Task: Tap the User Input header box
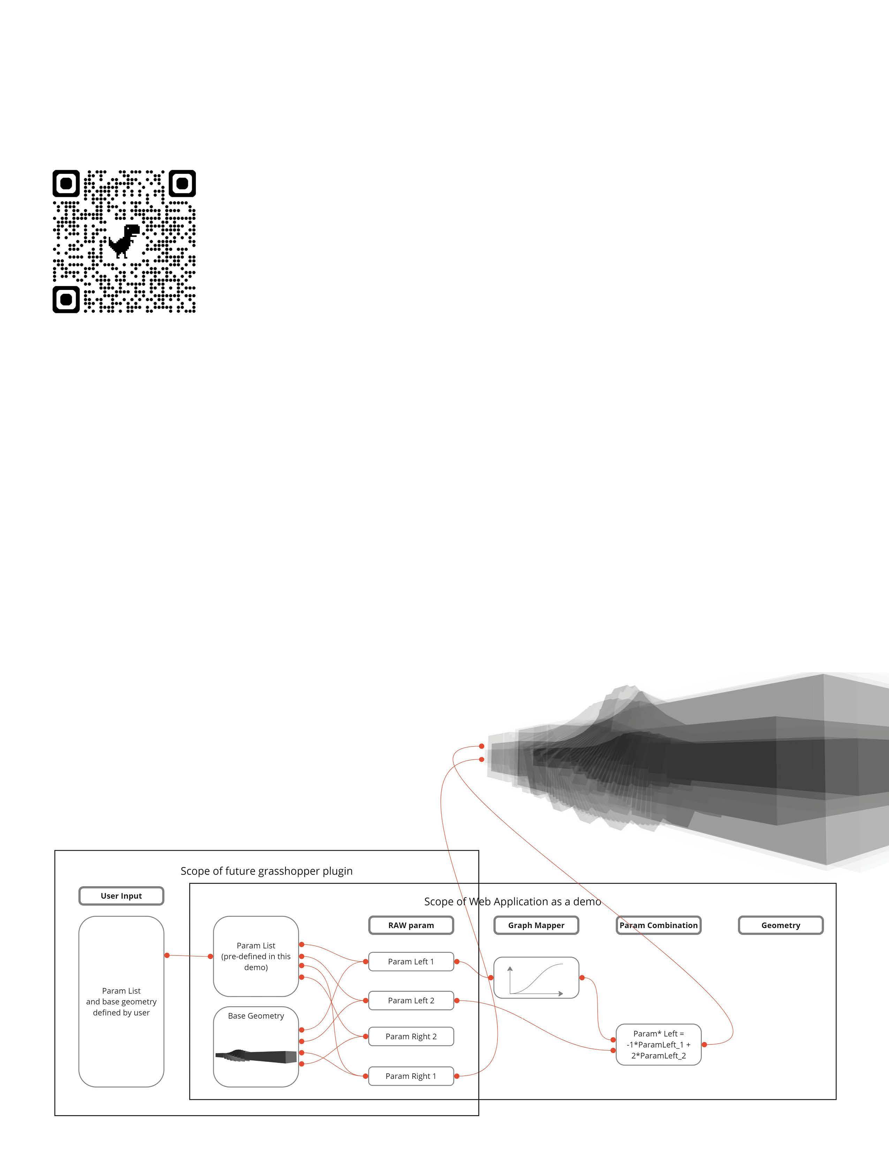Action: (121, 896)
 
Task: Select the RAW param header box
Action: (411, 925)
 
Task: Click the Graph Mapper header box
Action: (536, 925)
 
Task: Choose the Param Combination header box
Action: (658, 925)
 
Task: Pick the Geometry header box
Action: (781, 925)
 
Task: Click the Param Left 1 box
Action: (411, 961)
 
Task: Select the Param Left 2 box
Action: (411, 1001)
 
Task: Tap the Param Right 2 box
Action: (411, 1036)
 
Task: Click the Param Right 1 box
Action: (411, 1076)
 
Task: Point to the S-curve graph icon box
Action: (536, 978)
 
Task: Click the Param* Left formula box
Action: (658, 1045)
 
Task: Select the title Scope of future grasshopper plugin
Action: (266, 871)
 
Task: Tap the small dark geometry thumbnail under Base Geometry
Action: (256, 1056)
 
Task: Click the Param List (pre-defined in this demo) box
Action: (256, 956)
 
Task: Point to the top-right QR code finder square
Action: (182, 183)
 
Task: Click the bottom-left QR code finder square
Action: (66, 300)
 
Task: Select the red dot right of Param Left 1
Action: (457, 961)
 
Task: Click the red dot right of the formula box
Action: (704, 1044)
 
